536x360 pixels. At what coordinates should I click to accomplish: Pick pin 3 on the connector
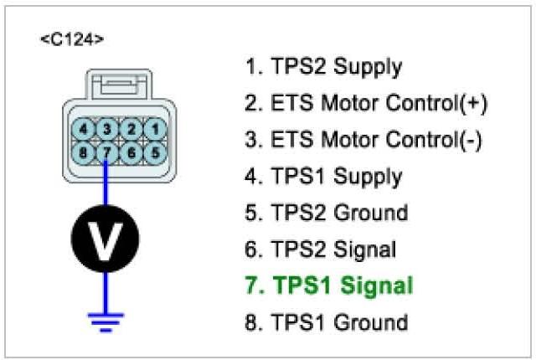pos(106,129)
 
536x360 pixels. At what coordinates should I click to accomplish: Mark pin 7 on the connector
pos(106,152)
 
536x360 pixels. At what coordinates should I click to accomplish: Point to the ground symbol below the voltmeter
pos(106,319)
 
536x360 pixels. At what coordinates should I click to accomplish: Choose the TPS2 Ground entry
pos(324,213)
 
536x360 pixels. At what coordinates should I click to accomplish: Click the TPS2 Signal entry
pos(321,249)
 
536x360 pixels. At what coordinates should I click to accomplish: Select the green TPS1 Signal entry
pos(329,285)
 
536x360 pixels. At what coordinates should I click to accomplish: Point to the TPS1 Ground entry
pos(324,321)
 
